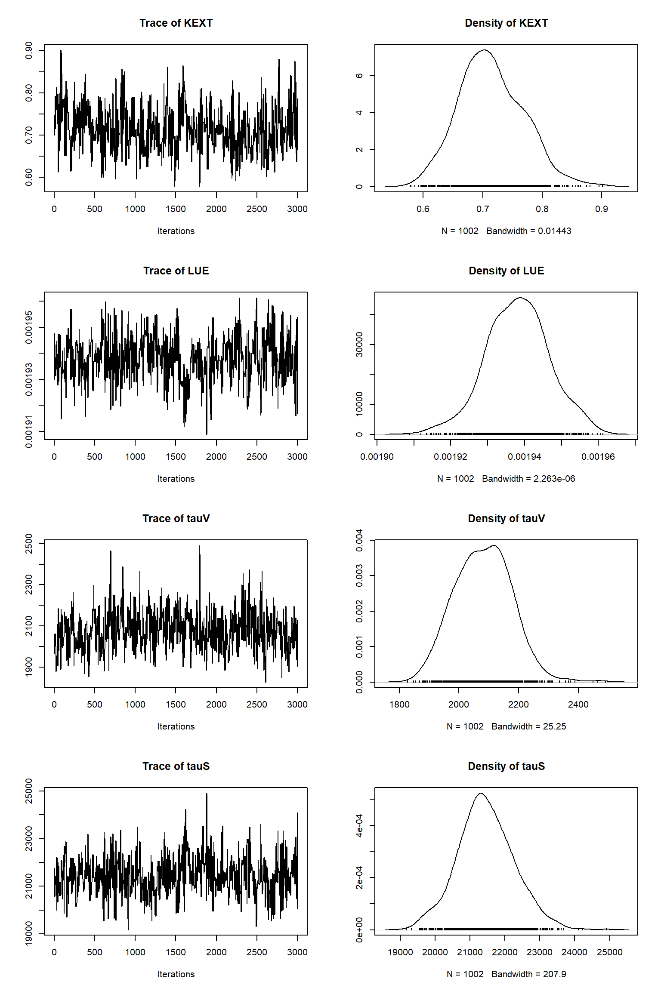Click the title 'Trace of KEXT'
(176, 23)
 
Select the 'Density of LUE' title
(506, 271)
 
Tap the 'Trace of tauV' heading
(176, 519)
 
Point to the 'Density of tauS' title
(506, 766)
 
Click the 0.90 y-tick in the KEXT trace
(29, 50)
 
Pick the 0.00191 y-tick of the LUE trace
(29, 431)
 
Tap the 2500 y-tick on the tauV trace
(29, 544)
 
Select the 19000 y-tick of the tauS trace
(29, 933)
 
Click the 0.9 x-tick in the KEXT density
(602, 209)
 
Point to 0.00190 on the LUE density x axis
(377, 457)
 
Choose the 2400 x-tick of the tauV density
(578, 705)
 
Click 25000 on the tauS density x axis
(609, 953)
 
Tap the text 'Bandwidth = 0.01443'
(529, 231)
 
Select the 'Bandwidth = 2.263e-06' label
(528, 479)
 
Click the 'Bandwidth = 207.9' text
(529, 975)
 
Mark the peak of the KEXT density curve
(485, 50)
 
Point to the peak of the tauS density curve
(481, 793)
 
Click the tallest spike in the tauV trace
(199, 546)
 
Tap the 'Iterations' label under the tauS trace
(176, 975)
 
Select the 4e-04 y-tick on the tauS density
(359, 825)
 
